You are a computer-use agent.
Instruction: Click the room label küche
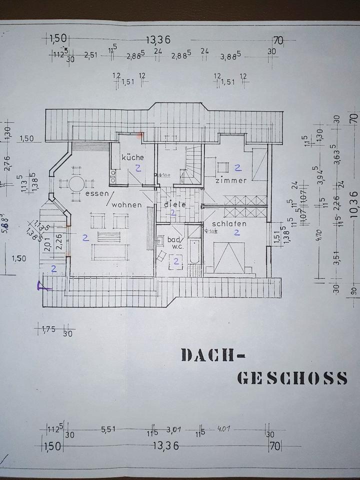tap(132, 157)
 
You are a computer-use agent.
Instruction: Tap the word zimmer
tap(231, 180)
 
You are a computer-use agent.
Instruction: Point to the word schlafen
tap(229, 224)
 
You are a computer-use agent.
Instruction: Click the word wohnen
tap(126, 204)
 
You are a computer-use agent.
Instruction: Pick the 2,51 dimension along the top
tap(91, 55)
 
